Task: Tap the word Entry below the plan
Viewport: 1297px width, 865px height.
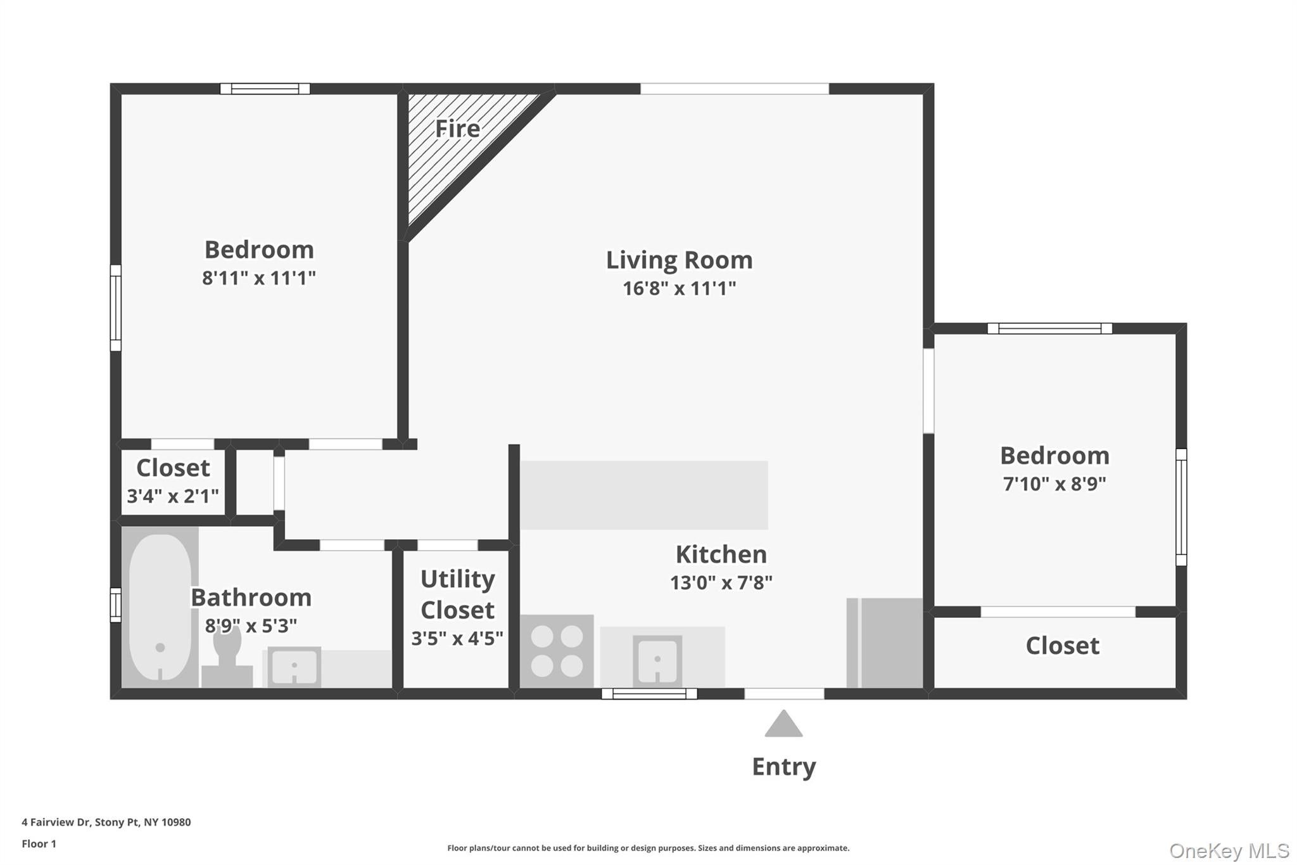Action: [x=783, y=767]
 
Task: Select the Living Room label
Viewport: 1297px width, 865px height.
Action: [x=679, y=260]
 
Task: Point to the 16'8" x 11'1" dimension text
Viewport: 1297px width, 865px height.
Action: [x=679, y=288]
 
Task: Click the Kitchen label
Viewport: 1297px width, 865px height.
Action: [x=721, y=554]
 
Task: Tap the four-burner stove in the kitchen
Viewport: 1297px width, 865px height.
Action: [x=557, y=651]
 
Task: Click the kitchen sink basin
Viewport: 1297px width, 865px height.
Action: [x=657, y=661]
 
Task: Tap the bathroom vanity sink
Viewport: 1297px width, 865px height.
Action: [x=294, y=666]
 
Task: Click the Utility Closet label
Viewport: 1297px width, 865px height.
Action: [x=457, y=594]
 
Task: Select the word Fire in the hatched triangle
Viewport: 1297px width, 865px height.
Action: [x=457, y=129]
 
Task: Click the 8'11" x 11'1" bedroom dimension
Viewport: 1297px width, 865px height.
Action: [x=258, y=278]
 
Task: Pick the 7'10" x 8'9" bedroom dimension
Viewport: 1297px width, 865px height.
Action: [x=1054, y=484]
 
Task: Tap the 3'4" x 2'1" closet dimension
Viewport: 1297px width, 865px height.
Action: [x=173, y=496]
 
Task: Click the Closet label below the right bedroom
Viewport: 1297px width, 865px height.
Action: [x=1062, y=646]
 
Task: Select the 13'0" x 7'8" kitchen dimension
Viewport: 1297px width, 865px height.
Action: [x=721, y=583]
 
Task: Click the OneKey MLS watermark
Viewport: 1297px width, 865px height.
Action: [x=1229, y=850]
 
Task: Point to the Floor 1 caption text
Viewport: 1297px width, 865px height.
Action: [x=39, y=843]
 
